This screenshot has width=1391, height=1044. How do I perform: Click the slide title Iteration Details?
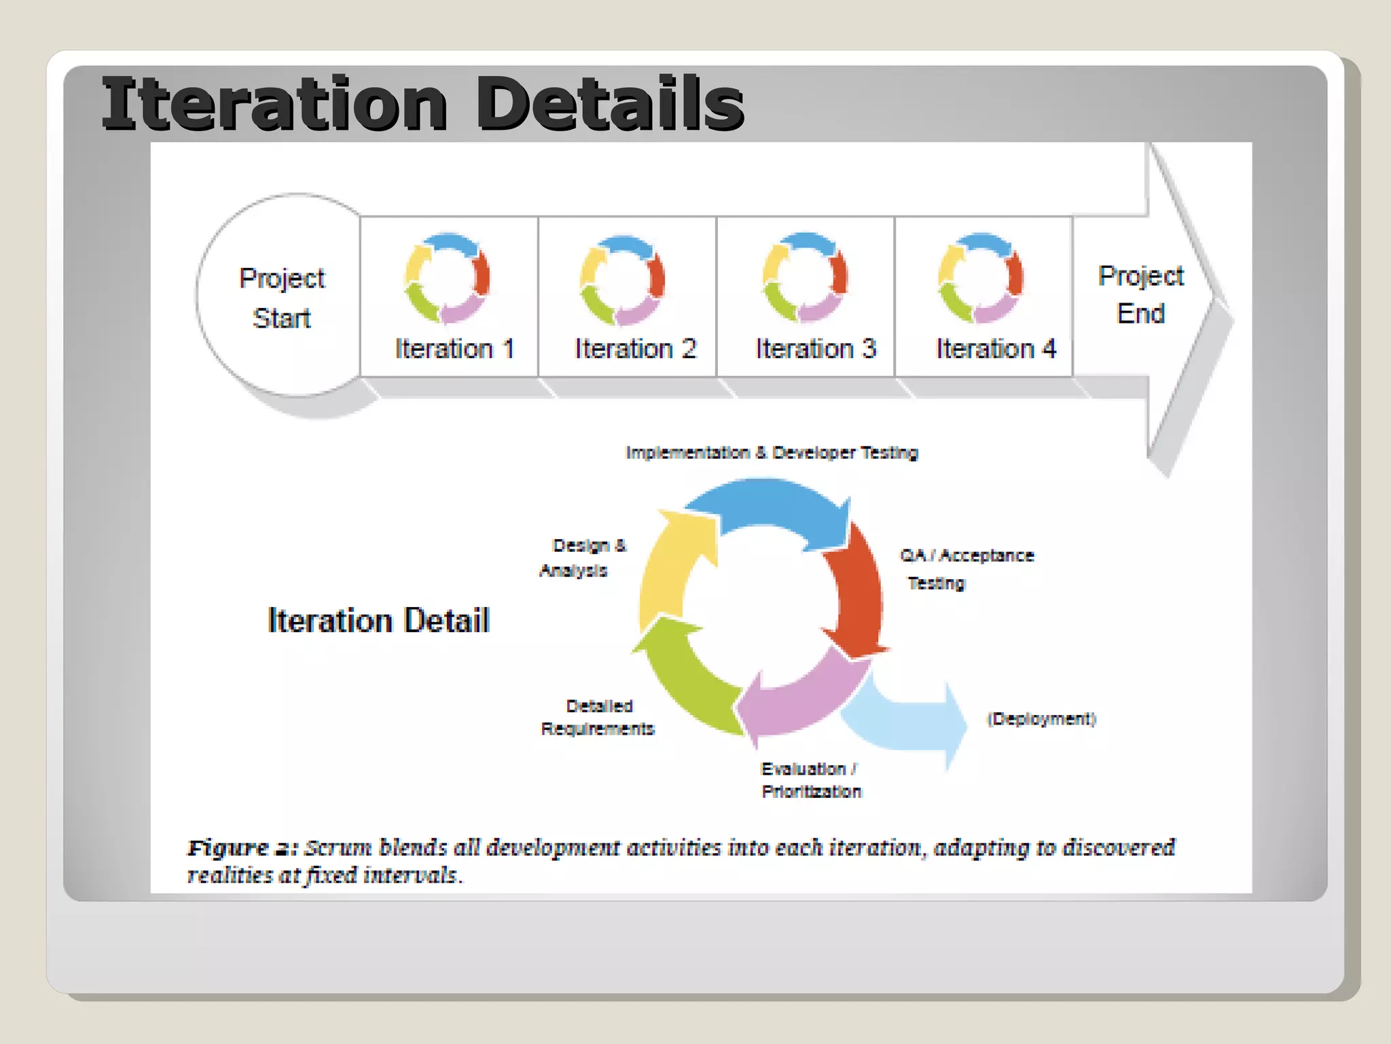(x=422, y=103)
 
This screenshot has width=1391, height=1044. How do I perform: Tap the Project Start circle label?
(x=282, y=298)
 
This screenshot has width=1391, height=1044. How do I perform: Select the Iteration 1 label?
(x=454, y=349)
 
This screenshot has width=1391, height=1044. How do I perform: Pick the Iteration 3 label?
(x=816, y=349)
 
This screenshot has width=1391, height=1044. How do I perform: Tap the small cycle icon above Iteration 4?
(x=981, y=278)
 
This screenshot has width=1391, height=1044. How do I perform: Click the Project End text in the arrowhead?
(x=1140, y=294)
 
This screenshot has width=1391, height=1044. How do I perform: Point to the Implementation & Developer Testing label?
(x=772, y=453)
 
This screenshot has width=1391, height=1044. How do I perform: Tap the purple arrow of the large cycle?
(x=801, y=700)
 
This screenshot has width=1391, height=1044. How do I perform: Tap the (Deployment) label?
(x=1041, y=719)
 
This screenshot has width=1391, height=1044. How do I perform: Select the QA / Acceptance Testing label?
(x=966, y=569)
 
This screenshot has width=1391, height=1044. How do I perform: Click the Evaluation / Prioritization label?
(x=810, y=780)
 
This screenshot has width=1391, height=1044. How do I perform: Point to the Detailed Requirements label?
(x=598, y=717)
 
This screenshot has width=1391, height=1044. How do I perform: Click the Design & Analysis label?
(x=583, y=558)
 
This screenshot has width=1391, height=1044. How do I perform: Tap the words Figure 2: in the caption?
(x=242, y=848)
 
